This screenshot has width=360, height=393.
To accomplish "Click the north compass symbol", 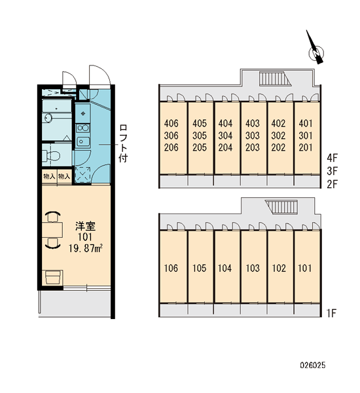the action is (x=315, y=50).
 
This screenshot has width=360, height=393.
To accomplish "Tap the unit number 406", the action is (x=171, y=123).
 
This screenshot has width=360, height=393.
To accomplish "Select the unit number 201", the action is (x=306, y=147).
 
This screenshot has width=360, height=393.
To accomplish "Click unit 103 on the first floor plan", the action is (x=253, y=268).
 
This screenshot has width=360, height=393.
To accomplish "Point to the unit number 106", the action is (x=171, y=268).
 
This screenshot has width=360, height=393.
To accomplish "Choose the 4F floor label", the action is (x=333, y=158).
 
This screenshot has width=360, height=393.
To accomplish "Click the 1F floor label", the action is (x=331, y=313).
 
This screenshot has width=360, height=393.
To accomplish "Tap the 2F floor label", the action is (x=333, y=185).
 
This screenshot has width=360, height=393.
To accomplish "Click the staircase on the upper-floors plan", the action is (x=275, y=79).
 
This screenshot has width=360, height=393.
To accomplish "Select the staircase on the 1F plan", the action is (x=282, y=207).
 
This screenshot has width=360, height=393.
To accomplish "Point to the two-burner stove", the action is (x=83, y=128).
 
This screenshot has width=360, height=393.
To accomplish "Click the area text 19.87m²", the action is (x=86, y=248).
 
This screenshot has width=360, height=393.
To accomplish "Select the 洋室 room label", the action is (x=86, y=227).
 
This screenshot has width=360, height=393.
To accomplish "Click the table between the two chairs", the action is (x=52, y=230).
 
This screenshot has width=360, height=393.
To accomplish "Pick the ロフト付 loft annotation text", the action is (x=123, y=143).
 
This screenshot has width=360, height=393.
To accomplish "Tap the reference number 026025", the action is (x=313, y=365).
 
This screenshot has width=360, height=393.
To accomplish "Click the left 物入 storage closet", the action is (x=49, y=176).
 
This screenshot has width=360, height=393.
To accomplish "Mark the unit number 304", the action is (x=225, y=136).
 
